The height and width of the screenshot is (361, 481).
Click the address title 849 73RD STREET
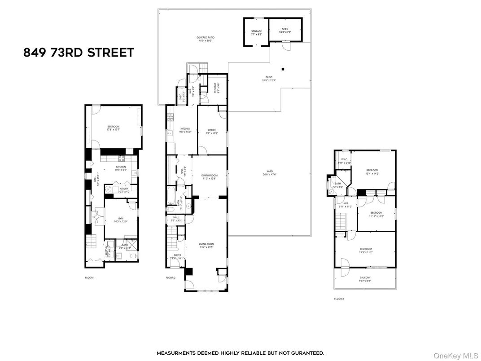point(79,53)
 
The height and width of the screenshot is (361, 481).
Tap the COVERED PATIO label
point(204,39)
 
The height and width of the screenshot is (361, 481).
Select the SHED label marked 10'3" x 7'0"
point(285,31)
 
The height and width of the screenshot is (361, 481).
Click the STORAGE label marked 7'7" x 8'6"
point(256,33)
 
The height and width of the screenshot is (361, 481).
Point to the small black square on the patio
point(283,69)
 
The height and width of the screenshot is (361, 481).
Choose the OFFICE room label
point(212,132)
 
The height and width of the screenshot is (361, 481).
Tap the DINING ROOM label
point(209,176)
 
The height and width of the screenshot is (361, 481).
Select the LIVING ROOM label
point(207,245)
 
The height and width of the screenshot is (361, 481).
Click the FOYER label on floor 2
point(178,256)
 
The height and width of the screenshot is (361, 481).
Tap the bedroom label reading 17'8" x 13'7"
point(114,128)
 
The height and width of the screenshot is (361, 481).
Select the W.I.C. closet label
point(344,161)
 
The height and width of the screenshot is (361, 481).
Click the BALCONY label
point(365,279)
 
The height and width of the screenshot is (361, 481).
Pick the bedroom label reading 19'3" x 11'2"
point(365,250)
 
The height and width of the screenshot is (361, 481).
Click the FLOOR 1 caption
point(90,278)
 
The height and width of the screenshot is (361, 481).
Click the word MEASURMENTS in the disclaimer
point(176,353)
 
